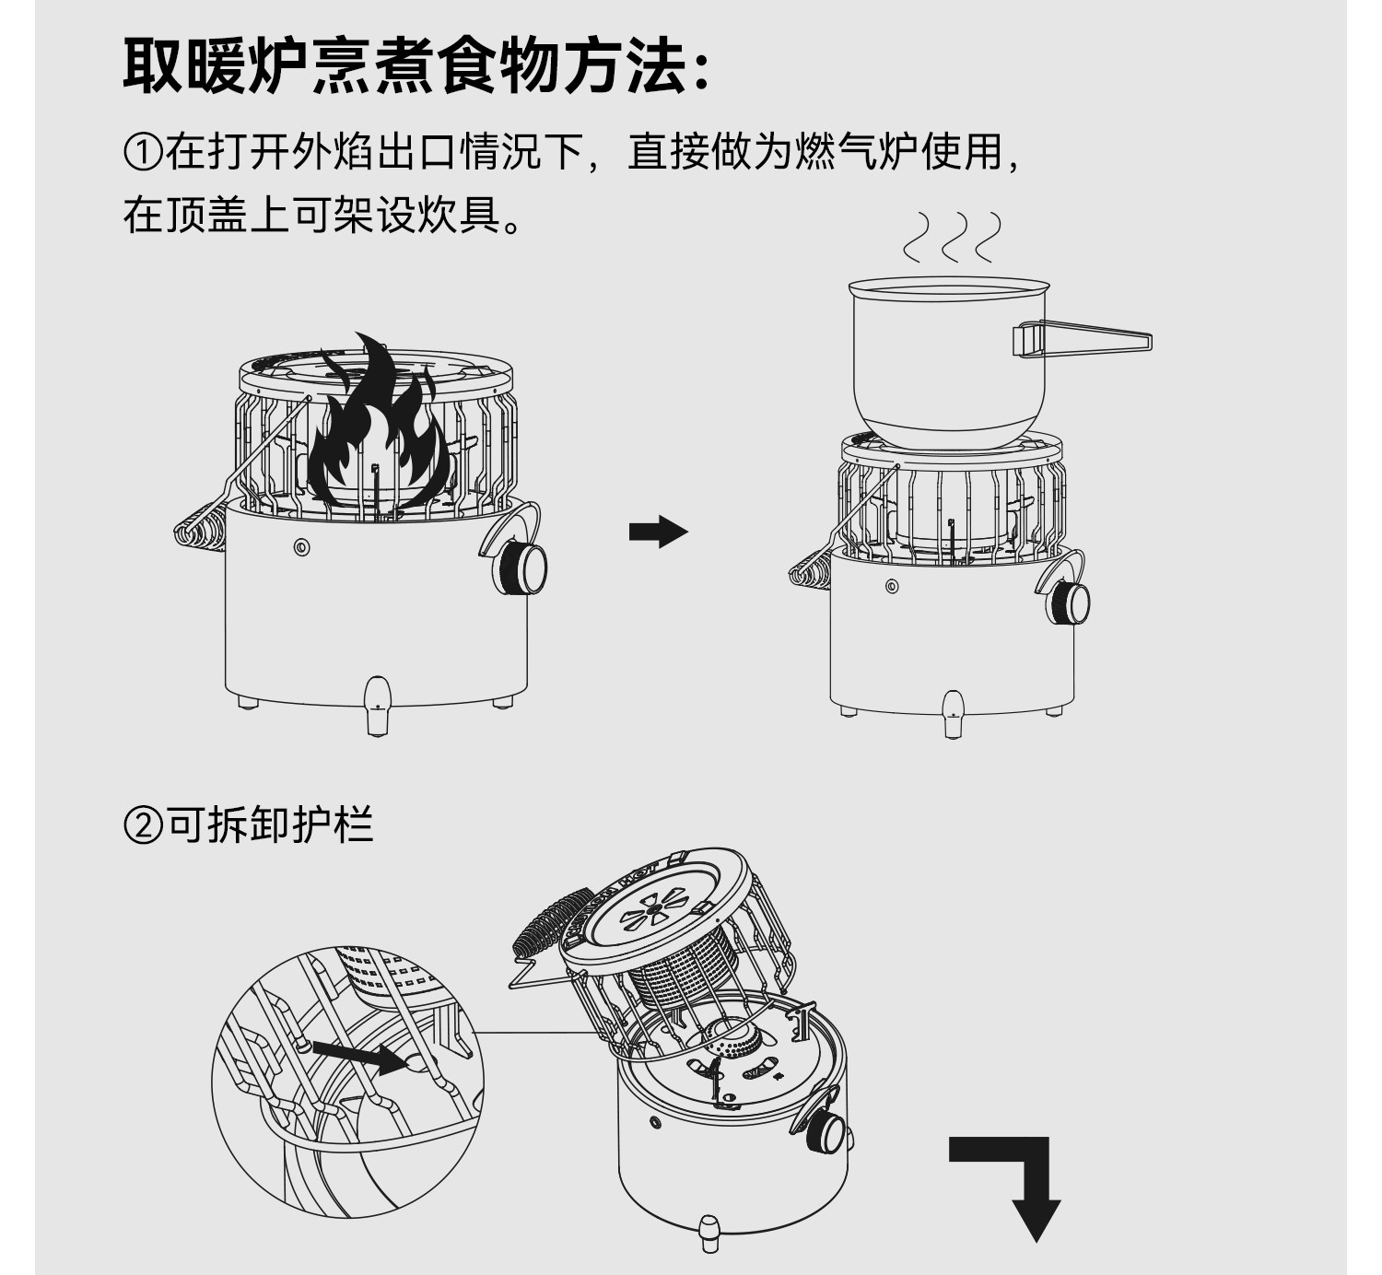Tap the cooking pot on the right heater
(949, 364)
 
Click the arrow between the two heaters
(658, 532)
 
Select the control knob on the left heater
(527, 567)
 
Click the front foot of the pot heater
(953, 714)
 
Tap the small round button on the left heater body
(301, 547)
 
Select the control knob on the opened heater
(827, 1131)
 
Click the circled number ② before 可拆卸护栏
(143, 825)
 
